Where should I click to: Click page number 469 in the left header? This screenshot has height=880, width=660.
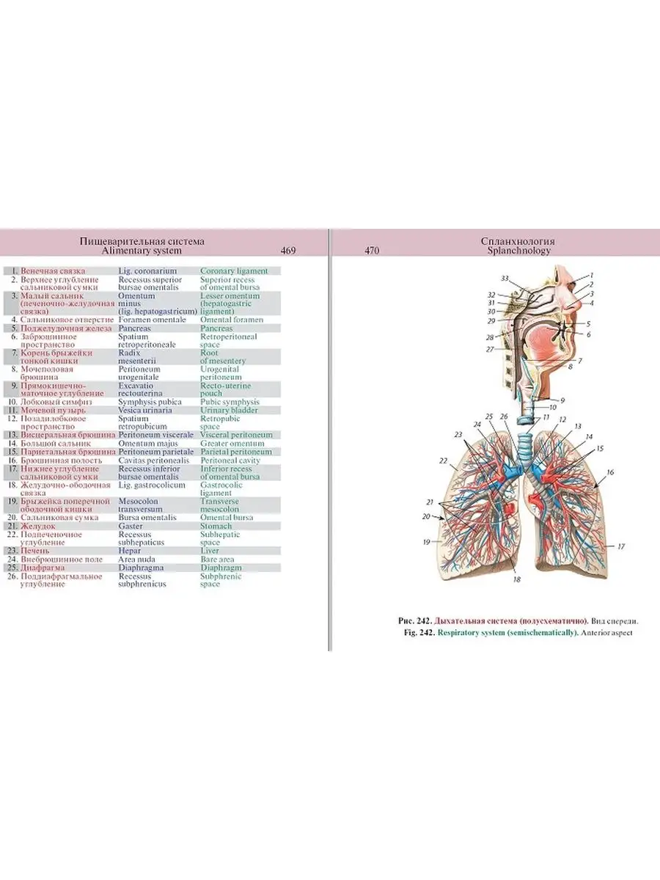(288, 251)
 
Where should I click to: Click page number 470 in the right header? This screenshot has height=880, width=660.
(372, 251)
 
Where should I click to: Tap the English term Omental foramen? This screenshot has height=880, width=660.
(232, 320)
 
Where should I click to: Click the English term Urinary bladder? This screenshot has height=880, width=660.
(230, 410)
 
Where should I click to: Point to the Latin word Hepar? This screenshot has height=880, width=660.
(130, 550)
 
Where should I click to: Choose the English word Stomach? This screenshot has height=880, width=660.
(216, 526)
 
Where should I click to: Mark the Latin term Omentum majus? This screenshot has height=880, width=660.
(148, 443)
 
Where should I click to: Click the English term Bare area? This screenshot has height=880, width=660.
(218, 559)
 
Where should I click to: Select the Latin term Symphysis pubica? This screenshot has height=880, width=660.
(153, 402)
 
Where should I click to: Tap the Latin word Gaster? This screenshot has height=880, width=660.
(131, 526)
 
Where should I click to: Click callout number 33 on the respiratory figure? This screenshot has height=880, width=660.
(505, 279)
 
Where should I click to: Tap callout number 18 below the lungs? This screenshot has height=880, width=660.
(516, 579)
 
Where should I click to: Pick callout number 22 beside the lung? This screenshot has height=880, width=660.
(443, 461)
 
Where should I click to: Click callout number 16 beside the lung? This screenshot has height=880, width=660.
(610, 473)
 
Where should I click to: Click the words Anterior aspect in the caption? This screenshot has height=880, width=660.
(607, 633)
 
